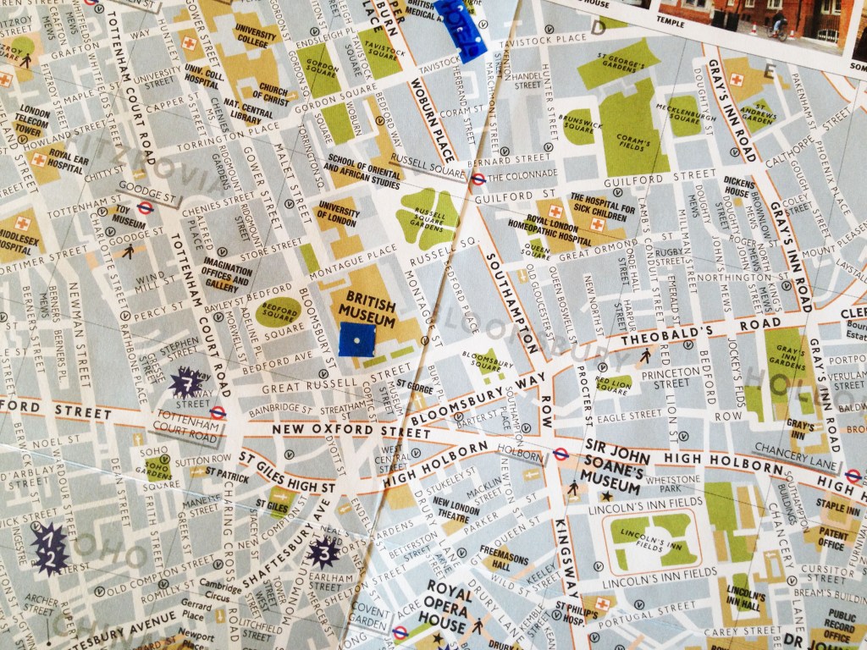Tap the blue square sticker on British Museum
tap(356, 339)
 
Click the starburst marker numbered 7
tap(186, 384)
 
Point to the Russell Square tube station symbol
tap(478, 179)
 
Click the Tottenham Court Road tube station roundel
tap(218, 413)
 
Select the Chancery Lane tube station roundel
tap(853, 476)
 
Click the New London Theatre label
tap(456, 508)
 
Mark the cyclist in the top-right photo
tap(777, 25)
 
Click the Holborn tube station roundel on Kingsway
tap(560, 454)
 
